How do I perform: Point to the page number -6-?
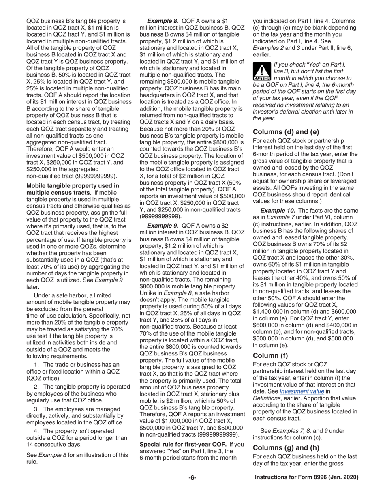192,478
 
